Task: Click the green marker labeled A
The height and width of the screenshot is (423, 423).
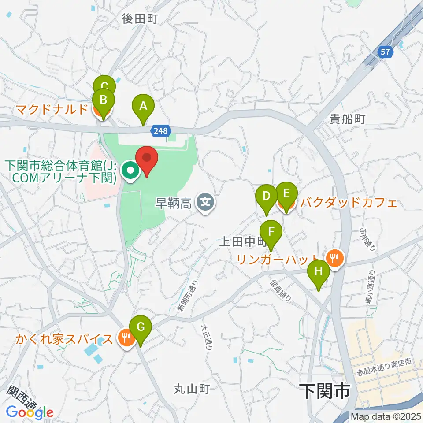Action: pyautogui.click(x=143, y=106)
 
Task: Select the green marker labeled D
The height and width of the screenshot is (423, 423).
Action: pyautogui.click(x=266, y=196)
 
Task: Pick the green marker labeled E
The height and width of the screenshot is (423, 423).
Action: pyautogui.click(x=286, y=194)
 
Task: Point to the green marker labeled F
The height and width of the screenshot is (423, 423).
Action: pyautogui.click(x=271, y=232)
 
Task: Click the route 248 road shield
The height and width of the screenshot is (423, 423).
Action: pyautogui.click(x=160, y=130)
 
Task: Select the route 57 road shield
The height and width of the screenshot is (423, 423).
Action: pyautogui.click(x=386, y=52)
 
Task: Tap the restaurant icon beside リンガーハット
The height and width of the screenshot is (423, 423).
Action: pyautogui.click(x=335, y=257)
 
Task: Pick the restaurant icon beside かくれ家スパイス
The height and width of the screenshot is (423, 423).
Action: pyautogui.click(x=126, y=338)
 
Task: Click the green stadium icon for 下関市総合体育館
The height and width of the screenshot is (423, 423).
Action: pyautogui.click(x=130, y=170)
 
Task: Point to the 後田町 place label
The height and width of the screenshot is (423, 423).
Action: pyautogui.click(x=140, y=19)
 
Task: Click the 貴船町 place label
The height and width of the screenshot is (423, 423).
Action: pyautogui.click(x=348, y=119)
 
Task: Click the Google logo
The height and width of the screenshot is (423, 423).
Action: pyautogui.click(x=30, y=412)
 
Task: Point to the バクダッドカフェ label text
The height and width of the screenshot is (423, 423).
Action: pyautogui.click(x=348, y=203)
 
